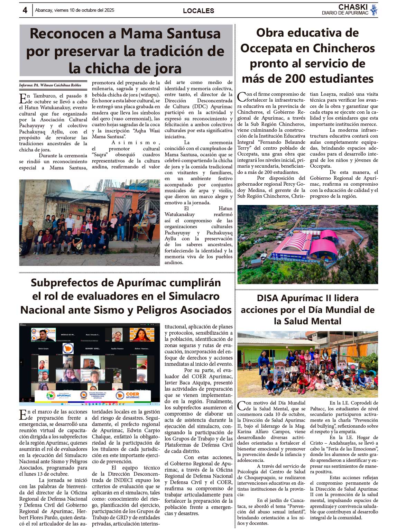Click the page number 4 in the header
click(25, 10)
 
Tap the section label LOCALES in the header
click(199, 11)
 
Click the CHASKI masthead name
click(353, 7)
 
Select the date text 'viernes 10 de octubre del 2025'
click(84, 10)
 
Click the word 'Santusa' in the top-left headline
click(194, 34)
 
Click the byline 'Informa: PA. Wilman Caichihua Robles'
click(50, 85)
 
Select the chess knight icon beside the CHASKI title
click(373, 10)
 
